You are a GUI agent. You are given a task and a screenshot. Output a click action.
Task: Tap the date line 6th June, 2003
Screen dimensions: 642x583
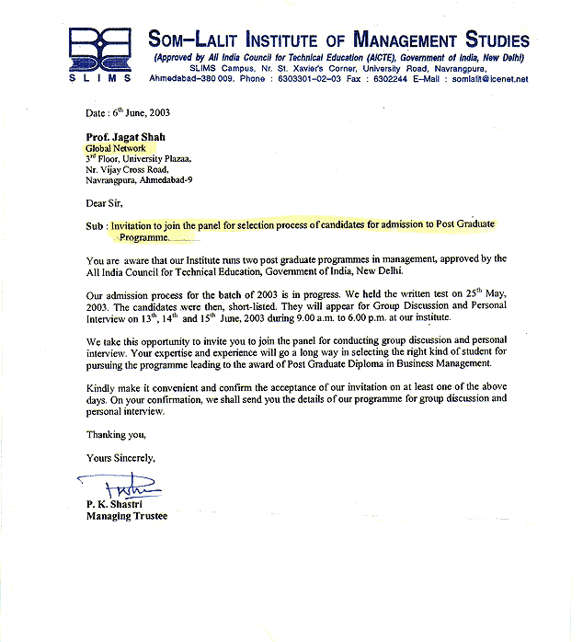[128, 113]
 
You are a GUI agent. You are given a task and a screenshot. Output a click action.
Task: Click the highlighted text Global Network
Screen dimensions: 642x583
[116, 147]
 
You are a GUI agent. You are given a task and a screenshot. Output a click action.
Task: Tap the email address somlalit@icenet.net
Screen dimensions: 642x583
[490, 80]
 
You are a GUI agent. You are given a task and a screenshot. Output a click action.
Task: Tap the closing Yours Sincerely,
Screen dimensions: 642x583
[121, 457]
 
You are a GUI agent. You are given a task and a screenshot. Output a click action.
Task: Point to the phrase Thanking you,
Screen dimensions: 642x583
[116, 434]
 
